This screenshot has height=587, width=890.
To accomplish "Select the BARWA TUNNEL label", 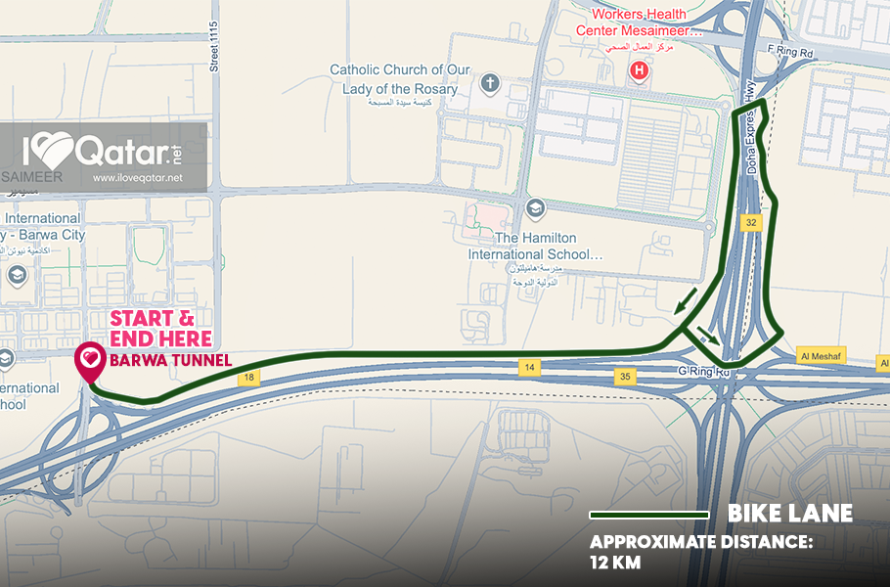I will tap(170, 360).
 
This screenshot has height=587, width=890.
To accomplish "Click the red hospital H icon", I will tap(640, 70).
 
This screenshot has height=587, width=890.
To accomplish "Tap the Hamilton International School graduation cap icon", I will tap(534, 207).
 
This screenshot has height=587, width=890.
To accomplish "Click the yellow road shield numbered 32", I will tap(751, 222).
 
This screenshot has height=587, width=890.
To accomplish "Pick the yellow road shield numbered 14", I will tap(527, 366).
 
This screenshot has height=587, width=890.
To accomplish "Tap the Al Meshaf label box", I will tap(822, 355).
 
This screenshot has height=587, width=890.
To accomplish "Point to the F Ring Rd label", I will tap(791, 51).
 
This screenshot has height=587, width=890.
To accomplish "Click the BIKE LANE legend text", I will tap(790, 514).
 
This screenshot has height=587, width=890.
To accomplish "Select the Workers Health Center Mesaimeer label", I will tap(645, 23).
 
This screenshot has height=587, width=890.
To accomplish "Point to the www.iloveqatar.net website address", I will tap(138, 178).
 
